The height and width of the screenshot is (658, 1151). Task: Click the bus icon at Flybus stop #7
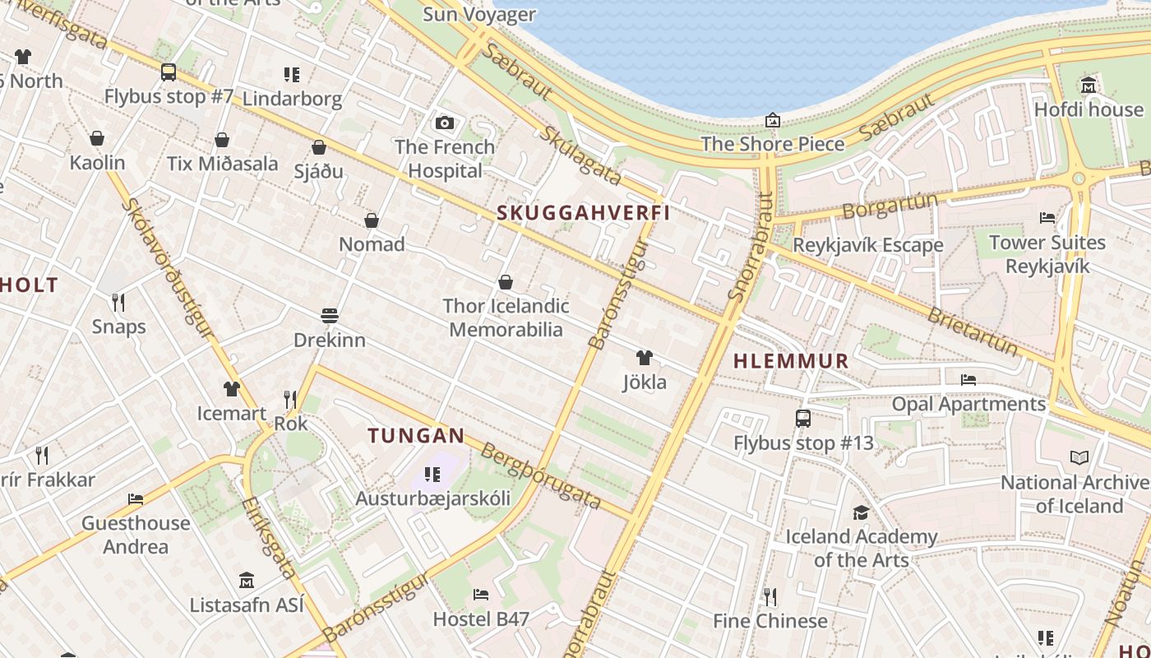169,72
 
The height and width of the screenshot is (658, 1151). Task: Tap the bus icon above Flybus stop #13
803,419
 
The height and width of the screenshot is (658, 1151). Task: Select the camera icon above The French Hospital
445,123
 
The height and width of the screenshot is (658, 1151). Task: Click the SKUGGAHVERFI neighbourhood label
583,213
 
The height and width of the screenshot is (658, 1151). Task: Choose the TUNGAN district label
417,436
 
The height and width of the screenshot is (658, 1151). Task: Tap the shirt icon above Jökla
645,358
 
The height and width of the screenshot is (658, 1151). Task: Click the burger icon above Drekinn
330,316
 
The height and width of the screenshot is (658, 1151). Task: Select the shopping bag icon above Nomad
372,220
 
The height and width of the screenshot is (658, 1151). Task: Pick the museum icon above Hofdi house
1089,86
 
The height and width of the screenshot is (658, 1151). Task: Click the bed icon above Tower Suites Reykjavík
1047,218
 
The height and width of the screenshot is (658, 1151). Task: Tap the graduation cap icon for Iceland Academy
861,513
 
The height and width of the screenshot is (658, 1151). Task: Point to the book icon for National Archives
1079,458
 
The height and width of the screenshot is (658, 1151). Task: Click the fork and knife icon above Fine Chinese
770,596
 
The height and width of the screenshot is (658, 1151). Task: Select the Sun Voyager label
478,14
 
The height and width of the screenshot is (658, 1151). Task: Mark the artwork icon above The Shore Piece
773,121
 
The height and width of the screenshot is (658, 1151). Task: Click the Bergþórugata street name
541,476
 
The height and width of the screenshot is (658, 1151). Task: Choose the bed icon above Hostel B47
481,595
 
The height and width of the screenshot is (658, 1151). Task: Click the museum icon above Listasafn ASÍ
247,581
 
